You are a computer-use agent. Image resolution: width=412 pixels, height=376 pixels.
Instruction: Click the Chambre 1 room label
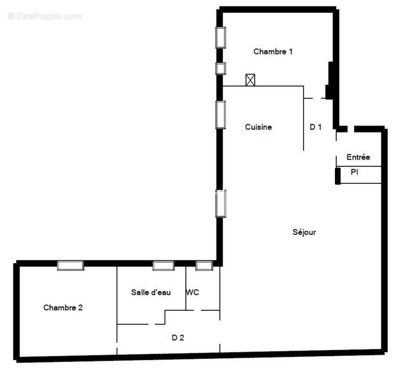pyautogui.click(x=273, y=52)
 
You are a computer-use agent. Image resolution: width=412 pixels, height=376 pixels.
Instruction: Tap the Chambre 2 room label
pyautogui.click(x=63, y=308)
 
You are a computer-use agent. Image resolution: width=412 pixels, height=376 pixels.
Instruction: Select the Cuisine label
pyautogui.click(x=258, y=127)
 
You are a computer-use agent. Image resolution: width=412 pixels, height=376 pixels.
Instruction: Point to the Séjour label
pyautogui.click(x=304, y=232)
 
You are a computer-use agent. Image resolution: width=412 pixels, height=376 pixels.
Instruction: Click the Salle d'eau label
pyautogui.click(x=151, y=292)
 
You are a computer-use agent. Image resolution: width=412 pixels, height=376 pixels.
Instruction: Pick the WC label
pyautogui.click(x=193, y=292)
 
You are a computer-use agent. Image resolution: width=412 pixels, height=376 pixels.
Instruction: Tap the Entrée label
pyautogui.click(x=358, y=157)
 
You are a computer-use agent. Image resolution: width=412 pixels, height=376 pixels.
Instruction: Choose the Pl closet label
pyautogui.click(x=354, y=172)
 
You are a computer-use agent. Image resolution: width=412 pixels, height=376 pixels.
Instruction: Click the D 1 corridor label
pyautogui.click(x=316, y=127)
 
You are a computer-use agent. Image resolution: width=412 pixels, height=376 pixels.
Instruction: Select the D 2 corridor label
pyautogui.click(x=178, y=337)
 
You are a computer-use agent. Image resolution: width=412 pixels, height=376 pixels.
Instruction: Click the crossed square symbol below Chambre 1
pyautogui.click(x=250, y=80)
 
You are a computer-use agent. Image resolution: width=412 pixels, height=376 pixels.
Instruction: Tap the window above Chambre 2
pyautogui.click(x=70, y=266)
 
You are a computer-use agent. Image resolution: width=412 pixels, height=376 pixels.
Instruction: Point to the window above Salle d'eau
pyautogui.click(x=163, y=266)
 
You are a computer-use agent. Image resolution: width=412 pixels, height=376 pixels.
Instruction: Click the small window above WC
pyautogui.click(x=204, y=266)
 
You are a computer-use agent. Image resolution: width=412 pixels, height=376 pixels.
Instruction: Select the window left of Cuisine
pyautogui.click(x=220, y=115)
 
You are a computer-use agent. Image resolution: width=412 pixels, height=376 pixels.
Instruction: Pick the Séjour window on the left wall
pyautogui.click(x=220, y=203)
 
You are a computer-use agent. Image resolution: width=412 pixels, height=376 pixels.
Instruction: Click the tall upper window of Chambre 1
pyautogui.click(x=220, y=37)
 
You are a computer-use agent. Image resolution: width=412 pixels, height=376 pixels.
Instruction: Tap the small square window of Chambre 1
pyautogui.click(x=220, y=69)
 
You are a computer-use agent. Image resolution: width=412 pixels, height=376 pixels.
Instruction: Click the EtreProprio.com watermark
pyautogui.click(x=45, y=16)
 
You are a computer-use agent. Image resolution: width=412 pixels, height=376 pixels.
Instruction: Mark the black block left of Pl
pyautogui.click(x=337, y=176)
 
